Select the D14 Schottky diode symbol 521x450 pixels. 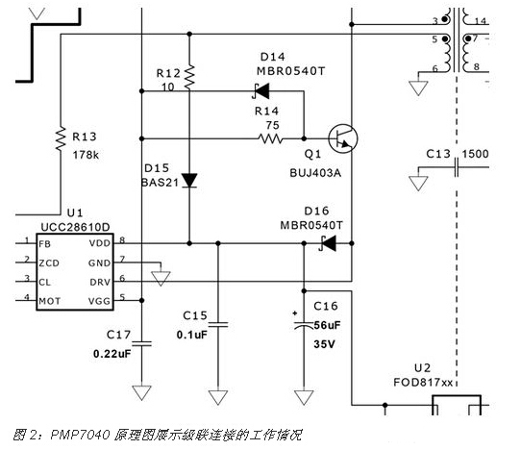click(x=257, y=92)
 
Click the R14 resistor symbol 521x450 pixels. click(x=268, y=137)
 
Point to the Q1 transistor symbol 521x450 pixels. click(x=339, y=138)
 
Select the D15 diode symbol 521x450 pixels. click(x=189, y=180)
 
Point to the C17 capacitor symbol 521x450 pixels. click(x=142, y=341)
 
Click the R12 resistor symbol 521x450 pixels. click(x=189, y=74)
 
